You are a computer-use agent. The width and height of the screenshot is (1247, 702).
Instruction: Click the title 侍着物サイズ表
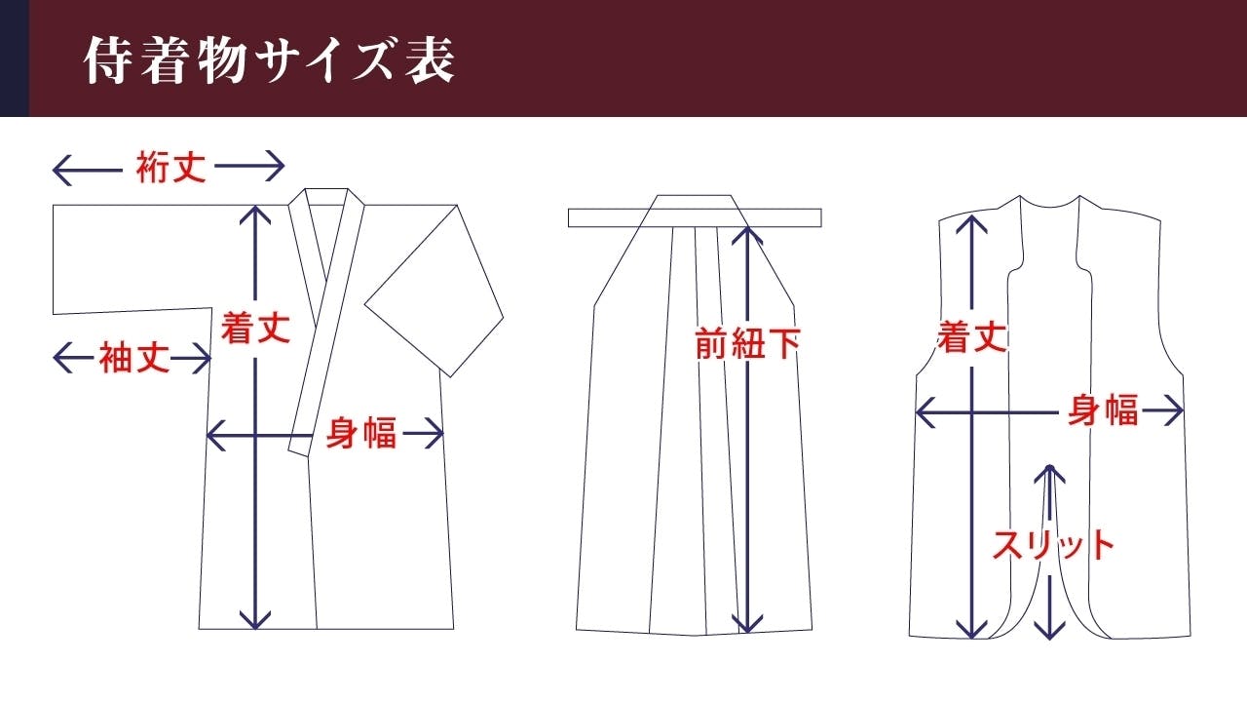[x=270, y=60]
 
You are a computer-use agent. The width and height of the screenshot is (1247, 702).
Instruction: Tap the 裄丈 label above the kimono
[x=170, y=167]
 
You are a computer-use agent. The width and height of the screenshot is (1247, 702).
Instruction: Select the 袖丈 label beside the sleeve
[x=133, y=358]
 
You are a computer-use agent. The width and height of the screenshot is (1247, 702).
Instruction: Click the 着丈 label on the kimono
[x=255, y=328]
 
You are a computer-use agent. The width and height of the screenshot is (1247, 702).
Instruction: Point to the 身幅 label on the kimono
[x=360, y=432]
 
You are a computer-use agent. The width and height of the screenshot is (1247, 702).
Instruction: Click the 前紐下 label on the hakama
[x=747, y=343]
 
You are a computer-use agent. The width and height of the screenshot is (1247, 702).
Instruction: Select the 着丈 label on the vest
[x=972, y=336]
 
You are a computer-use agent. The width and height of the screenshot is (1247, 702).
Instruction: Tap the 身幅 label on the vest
[x=1103, y=410]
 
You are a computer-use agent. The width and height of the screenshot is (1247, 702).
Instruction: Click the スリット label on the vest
[x=1053, y=545]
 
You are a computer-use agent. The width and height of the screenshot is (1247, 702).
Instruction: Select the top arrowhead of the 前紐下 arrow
[x=747, y=234]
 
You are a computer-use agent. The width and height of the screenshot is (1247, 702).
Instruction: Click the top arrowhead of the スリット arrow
[x=1049, y=474]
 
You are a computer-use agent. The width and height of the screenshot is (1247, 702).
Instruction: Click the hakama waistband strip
[x=695, y=217]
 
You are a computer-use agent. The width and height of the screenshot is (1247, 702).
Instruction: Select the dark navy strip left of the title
[x=15, y=58]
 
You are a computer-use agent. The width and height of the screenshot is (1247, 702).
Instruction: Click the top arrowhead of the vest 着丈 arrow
[x=971, y=223]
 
